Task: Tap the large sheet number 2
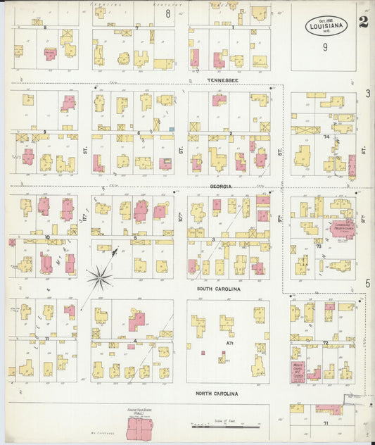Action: click(x=363, y=21)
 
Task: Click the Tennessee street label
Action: click(x=223, y=80)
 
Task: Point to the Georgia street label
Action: click(x=221, y=187)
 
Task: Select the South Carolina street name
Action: click(x=218, y=289)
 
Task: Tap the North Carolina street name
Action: click(x=217, y=394)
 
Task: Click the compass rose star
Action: click(x=100, y=276)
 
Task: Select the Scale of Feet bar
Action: click(x=225, y=426)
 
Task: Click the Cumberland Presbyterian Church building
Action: click(x=341, y=229)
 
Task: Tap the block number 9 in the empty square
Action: click(x=325, y=47)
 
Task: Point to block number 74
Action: click(x=326, y=137)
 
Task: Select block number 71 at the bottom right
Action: click(x=326, y=422)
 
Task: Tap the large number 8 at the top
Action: click(x=167, y=13)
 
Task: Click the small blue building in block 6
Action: click(x=171, y=129)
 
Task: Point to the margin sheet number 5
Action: click(x=367, y=283)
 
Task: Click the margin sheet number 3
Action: click(x=367, y=94)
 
